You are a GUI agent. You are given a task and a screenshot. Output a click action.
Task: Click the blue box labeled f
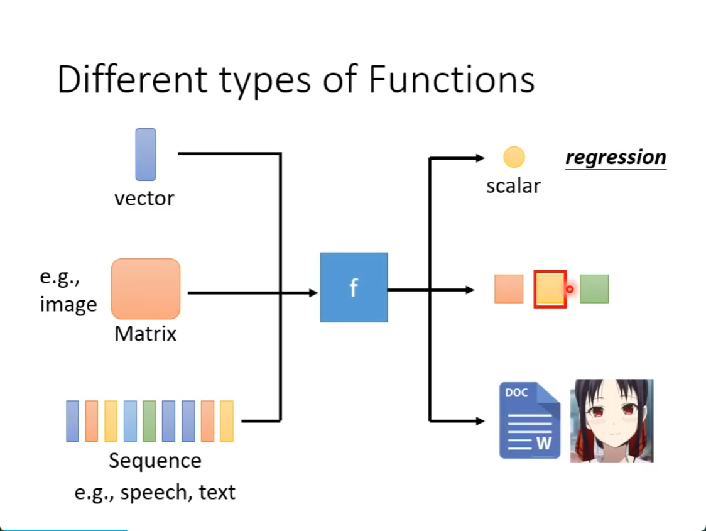pyautogui.click(x=354, y=287)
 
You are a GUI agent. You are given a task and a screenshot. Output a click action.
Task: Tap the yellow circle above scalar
pyautogui.click(x=514, y=157)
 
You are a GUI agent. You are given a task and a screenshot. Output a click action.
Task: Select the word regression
pyautogui.click(x=616, y=158)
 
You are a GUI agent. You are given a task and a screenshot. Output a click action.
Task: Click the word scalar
pyautogui.click(x=513, y=185)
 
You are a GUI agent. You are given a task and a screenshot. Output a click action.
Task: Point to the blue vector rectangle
pyautogui.click(x=146, y=155)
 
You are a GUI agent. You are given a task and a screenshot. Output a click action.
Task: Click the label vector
pyautogui.click(x=144, y=199)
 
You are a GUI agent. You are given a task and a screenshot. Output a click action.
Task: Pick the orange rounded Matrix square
pyautogui.click(x=146, y=288)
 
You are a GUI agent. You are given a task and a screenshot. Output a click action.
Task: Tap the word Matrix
pyautogui.click(x=146, y=334)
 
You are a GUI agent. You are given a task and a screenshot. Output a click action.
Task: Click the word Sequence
pyautogui.click(x=155, y=461)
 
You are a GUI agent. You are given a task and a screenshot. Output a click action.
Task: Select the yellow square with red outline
pyautogui.click(x=550, y=289)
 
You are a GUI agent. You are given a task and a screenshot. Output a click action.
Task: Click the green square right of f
pyautogui.click(x=594, y=288)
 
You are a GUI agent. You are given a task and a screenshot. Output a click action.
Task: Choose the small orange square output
pyautogui.click(x=509, y=288)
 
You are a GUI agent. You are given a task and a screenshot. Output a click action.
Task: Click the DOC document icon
pyautogui.click(x=530, y=420)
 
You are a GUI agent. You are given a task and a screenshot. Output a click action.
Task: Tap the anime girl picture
pyautogui.click(x=612, y=420)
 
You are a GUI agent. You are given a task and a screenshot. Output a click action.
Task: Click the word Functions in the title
pyautogui.click(x=452, y=80)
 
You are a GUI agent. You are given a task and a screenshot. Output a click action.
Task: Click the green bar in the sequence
pyautogui.click(x=149, y=420)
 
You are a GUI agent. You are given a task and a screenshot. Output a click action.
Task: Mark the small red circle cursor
pyautogui.click(x=570, y=289)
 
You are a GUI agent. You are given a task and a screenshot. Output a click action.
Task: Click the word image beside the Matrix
pyautogui.click(x=68, y=305)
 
